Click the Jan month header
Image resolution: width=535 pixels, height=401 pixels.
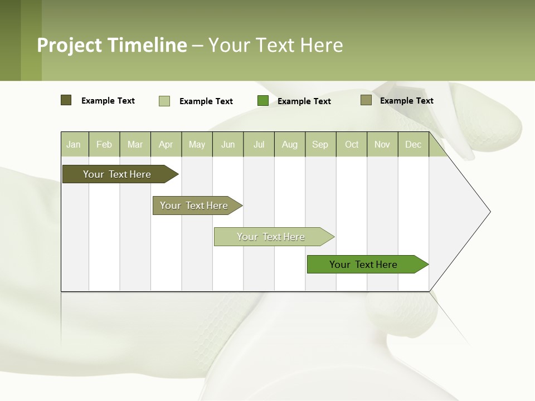(x=74, y=145)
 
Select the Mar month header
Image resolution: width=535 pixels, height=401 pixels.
(x=135, y=145)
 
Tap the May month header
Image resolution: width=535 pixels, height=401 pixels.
(x=197, y=145)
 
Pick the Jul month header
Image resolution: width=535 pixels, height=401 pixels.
(x=259, y=145)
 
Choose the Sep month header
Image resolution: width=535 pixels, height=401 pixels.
(x=320, y=145)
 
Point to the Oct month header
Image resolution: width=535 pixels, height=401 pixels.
(x=352, y=145)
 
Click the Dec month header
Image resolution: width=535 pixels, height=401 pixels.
(x=413, y=145)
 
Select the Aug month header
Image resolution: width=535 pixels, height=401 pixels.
(x=289, y=145)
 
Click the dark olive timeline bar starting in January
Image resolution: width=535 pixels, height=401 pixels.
(x=117, y=174)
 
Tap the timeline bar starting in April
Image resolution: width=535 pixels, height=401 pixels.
(x=194, y=206)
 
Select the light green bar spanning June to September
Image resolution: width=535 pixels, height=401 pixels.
(x=271, y=237)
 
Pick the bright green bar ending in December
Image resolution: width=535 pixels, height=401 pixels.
(x=363, y=265)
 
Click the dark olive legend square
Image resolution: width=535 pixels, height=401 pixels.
(x=66, y=100)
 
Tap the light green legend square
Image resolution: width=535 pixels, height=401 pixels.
(x=164, y=101)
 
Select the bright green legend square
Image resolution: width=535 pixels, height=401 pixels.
(x=263, y=101)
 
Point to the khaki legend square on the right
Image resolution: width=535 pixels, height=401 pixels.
(x=366, y=100)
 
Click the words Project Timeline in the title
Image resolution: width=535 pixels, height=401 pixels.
(x=112, y=45)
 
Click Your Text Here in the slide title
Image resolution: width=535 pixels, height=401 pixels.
(x=275, y=45)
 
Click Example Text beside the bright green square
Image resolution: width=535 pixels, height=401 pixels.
(x=304, y=101)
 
